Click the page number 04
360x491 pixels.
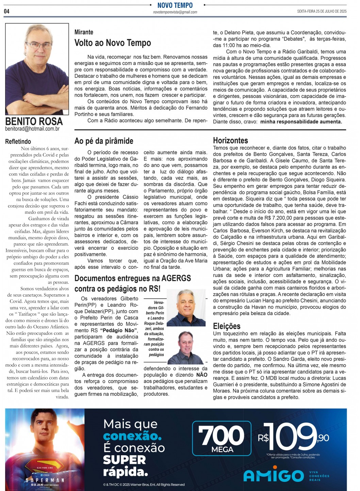coord(7,11)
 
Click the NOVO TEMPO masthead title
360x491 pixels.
coord(175,5)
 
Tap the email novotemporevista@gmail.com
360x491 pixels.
coord(175,12)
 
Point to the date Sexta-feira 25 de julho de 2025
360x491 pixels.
coord(322,11)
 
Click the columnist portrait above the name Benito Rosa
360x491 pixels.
coord(37,69)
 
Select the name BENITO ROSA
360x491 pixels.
coord(34,121)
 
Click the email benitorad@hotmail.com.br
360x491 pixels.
coord(32,129)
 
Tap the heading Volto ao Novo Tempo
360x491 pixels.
coord(113,43)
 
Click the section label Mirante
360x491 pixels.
coord(84,32)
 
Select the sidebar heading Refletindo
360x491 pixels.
coord(18,142)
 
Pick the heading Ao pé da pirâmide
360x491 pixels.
coord(104,141)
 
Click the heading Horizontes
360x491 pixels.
coord(230,141)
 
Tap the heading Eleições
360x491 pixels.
coord(227,326)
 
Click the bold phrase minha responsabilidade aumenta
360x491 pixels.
coord(301,122)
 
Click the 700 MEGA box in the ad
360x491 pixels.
coord(222,439)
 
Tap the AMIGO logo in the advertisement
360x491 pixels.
coord(274,475)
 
